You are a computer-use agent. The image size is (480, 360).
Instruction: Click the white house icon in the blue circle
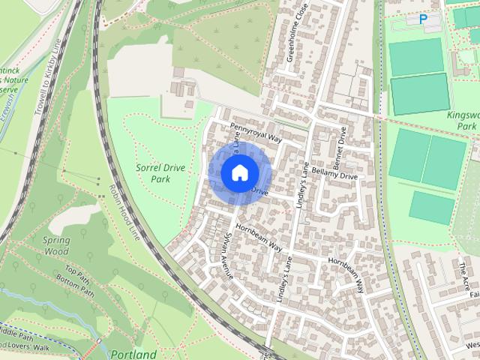tap(238, 172)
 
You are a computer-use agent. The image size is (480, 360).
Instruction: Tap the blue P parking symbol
tap(423, 19)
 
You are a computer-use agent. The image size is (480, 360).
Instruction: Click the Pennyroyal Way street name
tap(255, 133)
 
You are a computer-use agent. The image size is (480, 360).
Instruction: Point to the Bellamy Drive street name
tap(337, 175)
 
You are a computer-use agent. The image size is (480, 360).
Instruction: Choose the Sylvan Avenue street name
tap(229, 256)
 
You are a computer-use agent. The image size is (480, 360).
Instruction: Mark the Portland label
tap(133, 354)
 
